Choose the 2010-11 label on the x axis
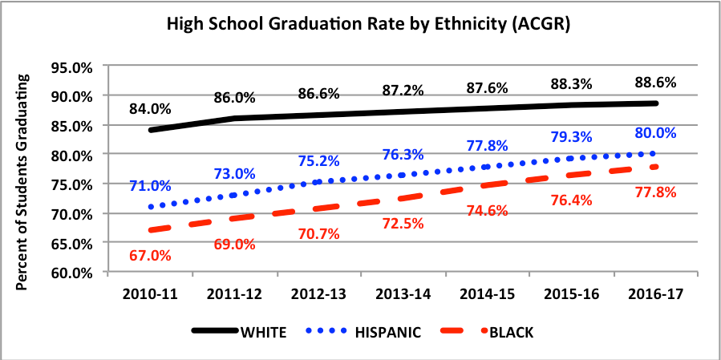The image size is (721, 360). tap(150, 294)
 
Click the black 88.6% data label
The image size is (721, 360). tap(655, 82)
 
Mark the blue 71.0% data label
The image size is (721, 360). tap(150, 186)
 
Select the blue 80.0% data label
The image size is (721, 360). tap(655, 133)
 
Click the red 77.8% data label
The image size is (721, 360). tap(655, 192)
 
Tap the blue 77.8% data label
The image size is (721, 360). tap(485, 145)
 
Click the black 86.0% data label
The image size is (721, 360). tap(234, 98)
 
